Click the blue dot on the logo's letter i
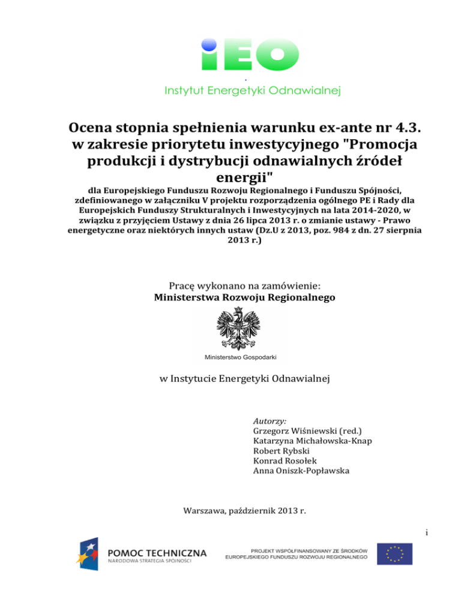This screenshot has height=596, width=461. (208, 43)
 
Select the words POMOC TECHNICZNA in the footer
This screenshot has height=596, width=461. (158, 552)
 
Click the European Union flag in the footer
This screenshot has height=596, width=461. (395, 554)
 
